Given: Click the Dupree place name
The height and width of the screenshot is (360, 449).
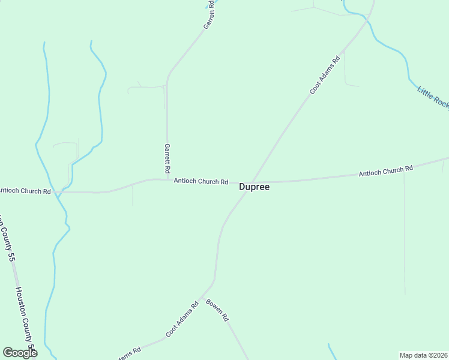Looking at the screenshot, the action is [x=255, y=187].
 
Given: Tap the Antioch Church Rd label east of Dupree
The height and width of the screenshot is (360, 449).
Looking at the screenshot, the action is [x=385, y=171].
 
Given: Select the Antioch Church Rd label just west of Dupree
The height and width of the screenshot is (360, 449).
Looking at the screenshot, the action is [x=200, y=181].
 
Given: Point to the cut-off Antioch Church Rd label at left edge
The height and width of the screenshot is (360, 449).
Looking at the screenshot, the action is [x=25, y=191].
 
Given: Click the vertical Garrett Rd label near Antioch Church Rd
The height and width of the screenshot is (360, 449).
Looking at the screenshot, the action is [x=168, y=159].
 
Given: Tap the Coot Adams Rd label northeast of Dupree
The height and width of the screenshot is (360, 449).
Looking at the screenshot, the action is [x=325, y=75].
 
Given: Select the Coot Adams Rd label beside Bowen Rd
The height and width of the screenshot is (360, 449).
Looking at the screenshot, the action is [x=182, y=319].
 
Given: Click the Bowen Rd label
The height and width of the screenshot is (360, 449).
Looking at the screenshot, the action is [x=217, y=310].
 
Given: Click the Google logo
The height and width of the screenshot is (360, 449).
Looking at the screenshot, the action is [x=20, y=353].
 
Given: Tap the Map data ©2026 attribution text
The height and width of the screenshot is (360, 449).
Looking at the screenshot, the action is [x=423, y=355].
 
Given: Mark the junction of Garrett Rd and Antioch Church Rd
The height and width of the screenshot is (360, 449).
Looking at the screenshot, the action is [x=167, y=179].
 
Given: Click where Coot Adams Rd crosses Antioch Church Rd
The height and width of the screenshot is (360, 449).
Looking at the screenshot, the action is [x=252, y=181].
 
